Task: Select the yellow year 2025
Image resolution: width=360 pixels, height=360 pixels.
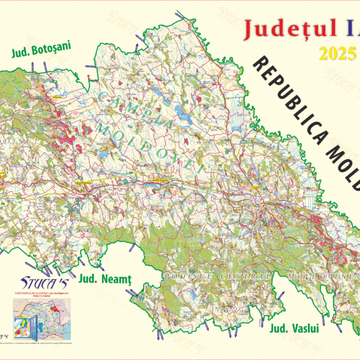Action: click(338, 54)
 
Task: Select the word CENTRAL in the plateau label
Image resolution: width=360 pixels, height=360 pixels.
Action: click(237, 275)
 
